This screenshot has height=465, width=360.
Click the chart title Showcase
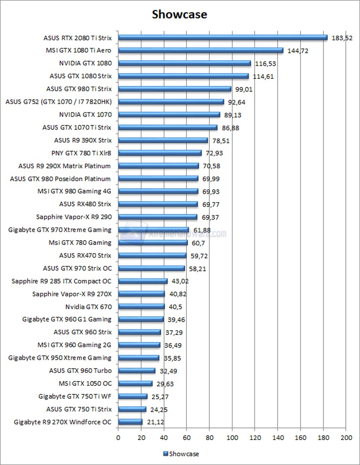pyautogui.click(x=180, y=15)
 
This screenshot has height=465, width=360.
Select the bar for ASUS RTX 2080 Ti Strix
pyautogui.click(x=223, y=37)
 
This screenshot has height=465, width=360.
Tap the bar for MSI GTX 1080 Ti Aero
pyautogui.click(x=201, y=50)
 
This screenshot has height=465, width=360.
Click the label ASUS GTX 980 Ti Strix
pyautogui.click(x=79, y=89)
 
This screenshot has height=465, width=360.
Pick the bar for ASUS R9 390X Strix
pyautogui.click(x=163, y=140)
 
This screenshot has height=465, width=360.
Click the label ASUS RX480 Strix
pyautogui.click(x=85, y=204)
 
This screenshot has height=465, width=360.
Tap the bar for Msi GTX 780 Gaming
pyautogui.click(x=153, y=243)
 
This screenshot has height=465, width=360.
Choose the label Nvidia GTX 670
pyautogui.click(x=88, y=307)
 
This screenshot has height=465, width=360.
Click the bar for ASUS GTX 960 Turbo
pyautogui.click(x=137, y=371)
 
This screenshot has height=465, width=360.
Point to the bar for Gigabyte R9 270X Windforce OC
pyautogui.click(x=130, y=422)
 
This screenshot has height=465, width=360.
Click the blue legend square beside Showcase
pyautogui.click(x=165, y=453)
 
